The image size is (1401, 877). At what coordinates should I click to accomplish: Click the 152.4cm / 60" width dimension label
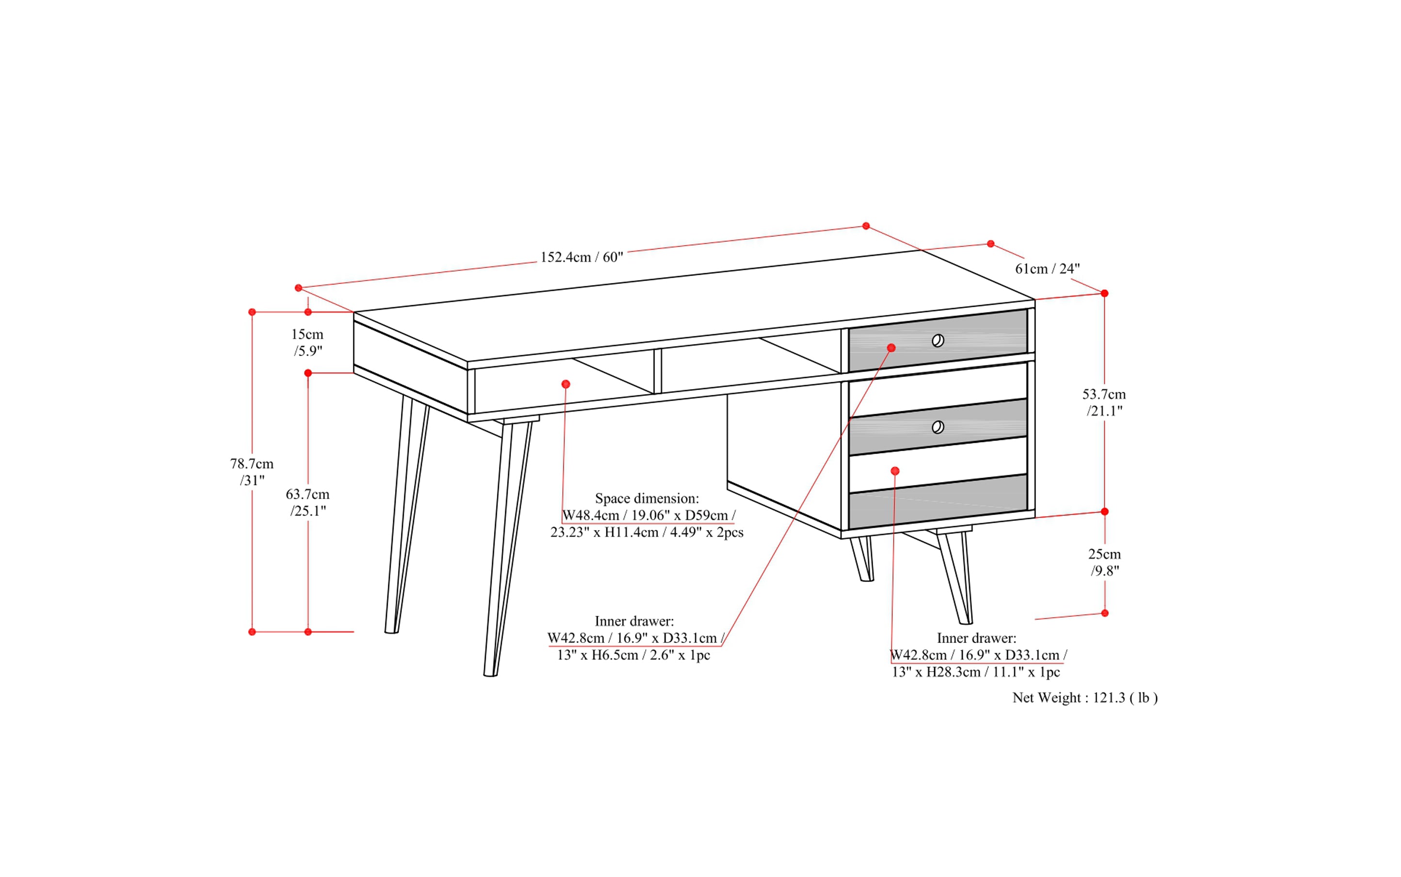pos(582,257)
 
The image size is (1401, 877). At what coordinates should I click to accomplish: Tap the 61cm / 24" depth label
pos(1047,268)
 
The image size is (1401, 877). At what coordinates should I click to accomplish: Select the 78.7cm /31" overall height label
pos(252,471)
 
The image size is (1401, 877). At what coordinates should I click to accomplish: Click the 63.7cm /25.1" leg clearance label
pos(308,502)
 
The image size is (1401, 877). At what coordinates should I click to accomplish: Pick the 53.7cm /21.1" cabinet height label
pos(1104,402)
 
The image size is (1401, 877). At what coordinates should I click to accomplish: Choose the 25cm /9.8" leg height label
pos(1104,562)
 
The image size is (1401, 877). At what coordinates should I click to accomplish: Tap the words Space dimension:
pos(647,498)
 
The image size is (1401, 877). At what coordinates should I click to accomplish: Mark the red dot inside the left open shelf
pos(566,384)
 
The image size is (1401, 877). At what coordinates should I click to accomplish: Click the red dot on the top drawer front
pos(892,348)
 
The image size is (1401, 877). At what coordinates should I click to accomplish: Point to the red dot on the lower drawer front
pos(895,471)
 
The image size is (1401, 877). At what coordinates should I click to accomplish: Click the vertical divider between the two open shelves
pos(657,371)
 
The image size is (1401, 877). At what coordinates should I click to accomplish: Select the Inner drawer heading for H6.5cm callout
pos(634,621)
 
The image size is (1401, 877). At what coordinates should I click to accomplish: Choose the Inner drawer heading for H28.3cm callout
pos(976,638)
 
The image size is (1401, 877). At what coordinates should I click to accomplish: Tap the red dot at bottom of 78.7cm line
pos(252,632)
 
